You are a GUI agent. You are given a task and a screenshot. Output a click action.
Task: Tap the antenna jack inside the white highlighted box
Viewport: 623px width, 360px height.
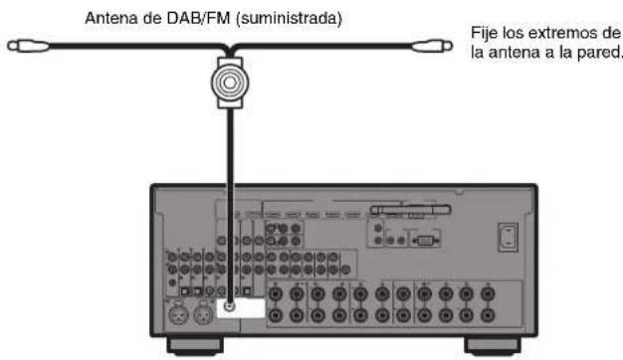pyautogui.click(x=231, y=307)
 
